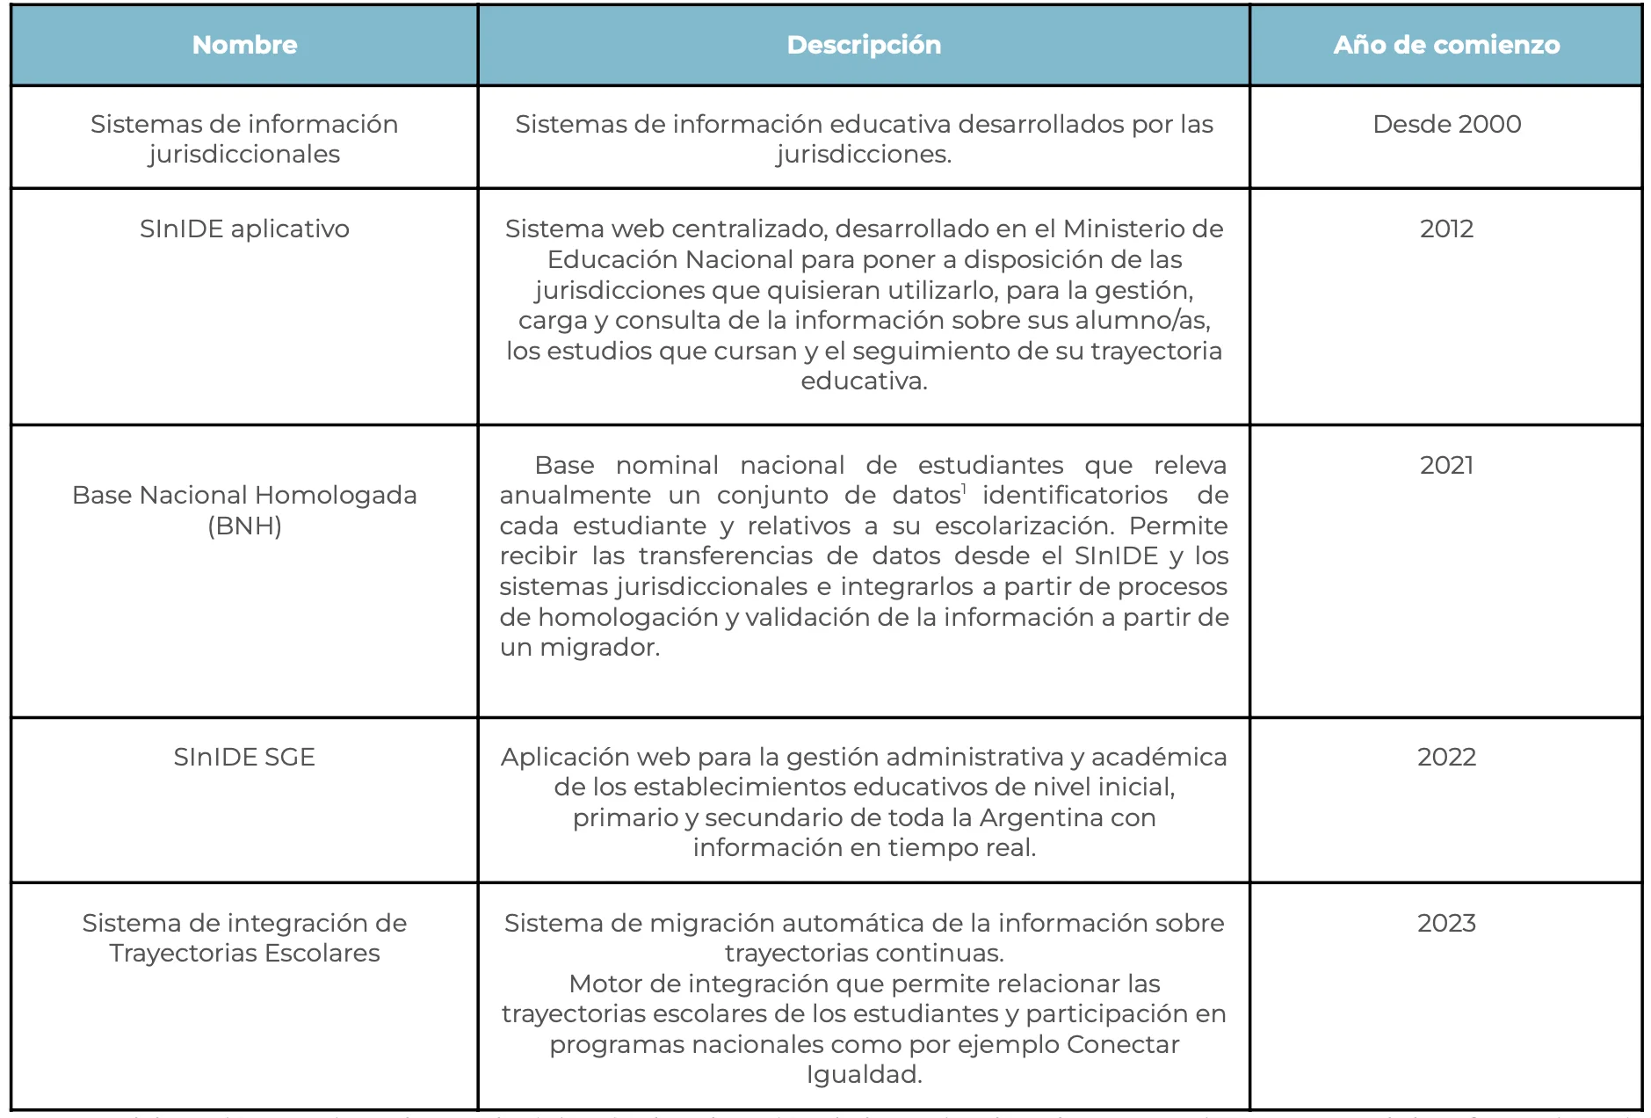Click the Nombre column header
244,45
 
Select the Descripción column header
864,45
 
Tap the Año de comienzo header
1446,45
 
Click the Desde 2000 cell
1446,124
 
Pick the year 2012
1446,229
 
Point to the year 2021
1446,465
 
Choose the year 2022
1446,757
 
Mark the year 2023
1446,923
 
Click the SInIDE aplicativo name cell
244,229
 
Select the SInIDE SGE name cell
244,757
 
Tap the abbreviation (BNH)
244,526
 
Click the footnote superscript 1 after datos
964,489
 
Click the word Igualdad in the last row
864,1074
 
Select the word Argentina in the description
1044,817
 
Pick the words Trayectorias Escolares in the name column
244,953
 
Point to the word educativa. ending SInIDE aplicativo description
864,381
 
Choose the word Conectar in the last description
1122,1044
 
